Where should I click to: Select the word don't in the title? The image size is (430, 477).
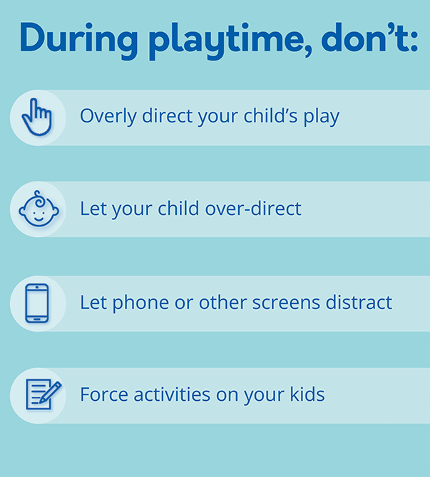tap(369, 37)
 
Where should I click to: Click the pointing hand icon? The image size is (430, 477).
tap(37, 117)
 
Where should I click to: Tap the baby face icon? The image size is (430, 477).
tap(39, 209)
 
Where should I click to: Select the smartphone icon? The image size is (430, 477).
tap(37, 303)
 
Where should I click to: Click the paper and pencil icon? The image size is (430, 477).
tap(43, 394)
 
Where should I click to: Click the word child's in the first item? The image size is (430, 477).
tap(270, 115)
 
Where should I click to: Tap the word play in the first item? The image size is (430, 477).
tap(321, 117)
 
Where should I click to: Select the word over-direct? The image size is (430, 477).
tap(253, 209)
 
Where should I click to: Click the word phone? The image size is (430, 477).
tap(140, 303)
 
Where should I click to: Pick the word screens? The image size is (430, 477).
tap(286, 303)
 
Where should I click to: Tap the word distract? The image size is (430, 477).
tap(359, 302)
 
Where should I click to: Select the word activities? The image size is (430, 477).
tap(172, 394)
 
